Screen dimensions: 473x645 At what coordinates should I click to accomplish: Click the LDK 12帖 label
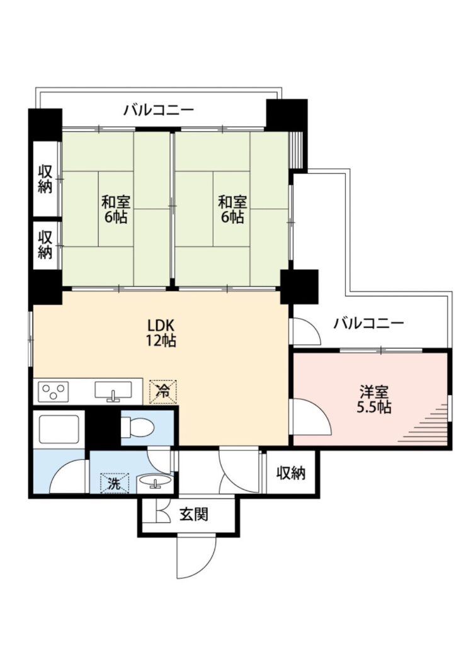click(162, 333)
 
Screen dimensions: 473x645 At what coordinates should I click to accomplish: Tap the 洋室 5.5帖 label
click(373, 399)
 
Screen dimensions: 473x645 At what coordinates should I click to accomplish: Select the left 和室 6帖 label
click(116, 209)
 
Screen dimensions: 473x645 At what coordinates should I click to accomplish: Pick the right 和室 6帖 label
click(232, 209)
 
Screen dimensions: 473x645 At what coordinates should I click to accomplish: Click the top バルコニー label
click(159, 110)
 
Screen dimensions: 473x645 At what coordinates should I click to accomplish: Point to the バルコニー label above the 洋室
click(368, 323)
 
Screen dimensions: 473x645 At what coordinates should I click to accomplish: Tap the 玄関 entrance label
click(194, 514)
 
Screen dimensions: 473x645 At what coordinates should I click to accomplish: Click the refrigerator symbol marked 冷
click(163, 391)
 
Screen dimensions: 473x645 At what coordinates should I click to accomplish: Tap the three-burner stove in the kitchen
click(54, 391)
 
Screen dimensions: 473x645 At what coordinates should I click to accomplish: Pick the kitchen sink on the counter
click(113, 391)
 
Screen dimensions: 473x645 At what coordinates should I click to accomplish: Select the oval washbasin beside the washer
click(155, 481)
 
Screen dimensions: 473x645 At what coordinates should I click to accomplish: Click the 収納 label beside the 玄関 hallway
click(291, 473)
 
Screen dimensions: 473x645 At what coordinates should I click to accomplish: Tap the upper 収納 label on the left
click(45, 180)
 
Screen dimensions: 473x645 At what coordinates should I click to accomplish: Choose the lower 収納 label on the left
click(45, 245)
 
